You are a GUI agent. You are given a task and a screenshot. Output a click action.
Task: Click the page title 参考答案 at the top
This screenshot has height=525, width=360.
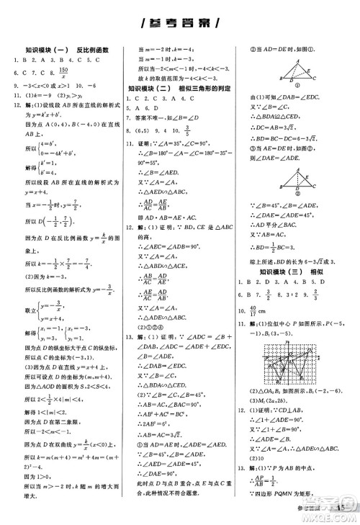point(180,22)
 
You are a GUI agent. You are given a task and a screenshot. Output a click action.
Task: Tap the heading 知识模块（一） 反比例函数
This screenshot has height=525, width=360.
point(62,50)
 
